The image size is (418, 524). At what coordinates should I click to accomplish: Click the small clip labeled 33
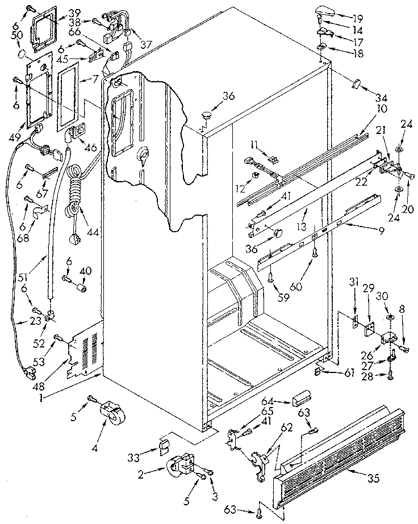coord(164,445)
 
